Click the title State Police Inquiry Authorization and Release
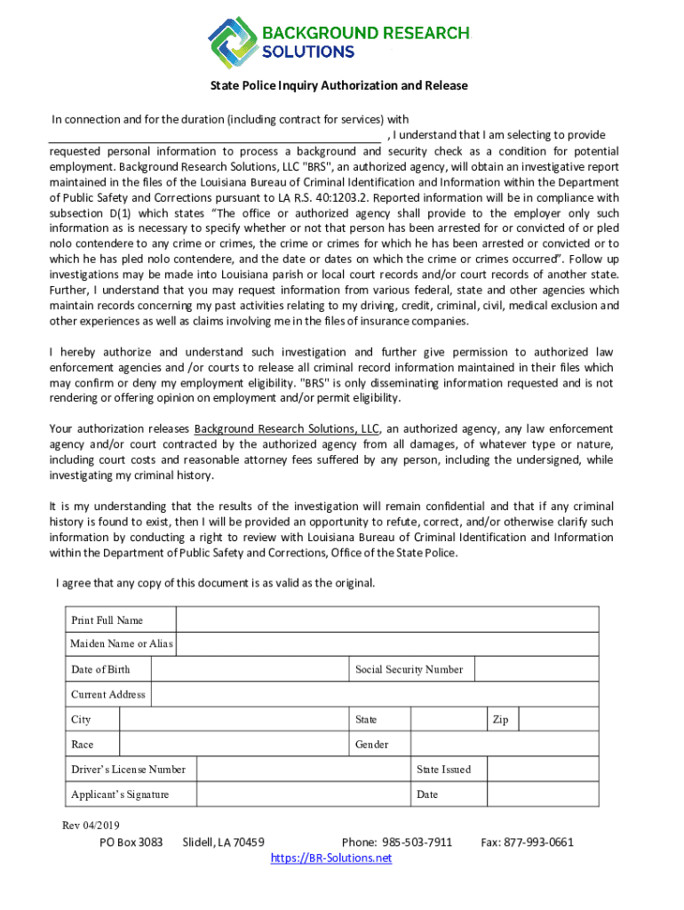(x=338, y=86)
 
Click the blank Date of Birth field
(x=249, y=669)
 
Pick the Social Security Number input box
(x=537, y=669)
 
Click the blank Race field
(x=232, y=744)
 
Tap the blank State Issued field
(x=544, y=769)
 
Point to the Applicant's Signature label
(x=120, y=794)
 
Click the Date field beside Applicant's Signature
(x=544, y=794)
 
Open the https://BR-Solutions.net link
(x=331, y=858)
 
